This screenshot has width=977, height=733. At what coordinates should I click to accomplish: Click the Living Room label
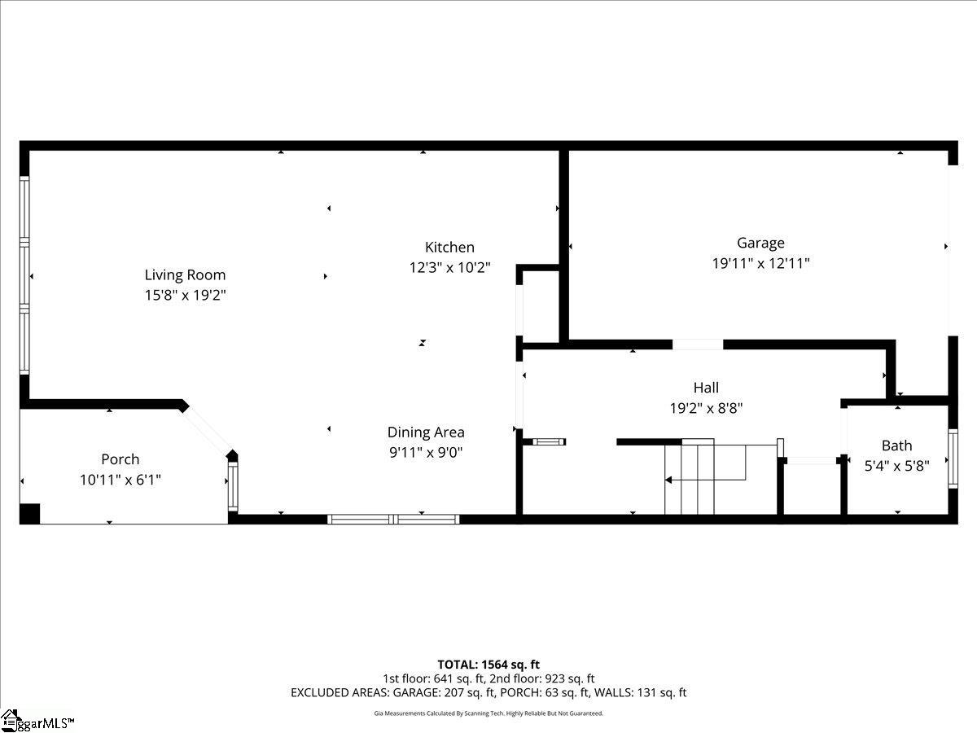click(x=185, y=275)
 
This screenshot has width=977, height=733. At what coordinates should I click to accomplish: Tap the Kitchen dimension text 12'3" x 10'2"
click(x=449, y=267)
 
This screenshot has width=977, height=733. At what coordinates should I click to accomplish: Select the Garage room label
click(x=760, y=243)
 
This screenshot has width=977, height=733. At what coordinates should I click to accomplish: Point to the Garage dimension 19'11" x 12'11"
click(x=760, y=263)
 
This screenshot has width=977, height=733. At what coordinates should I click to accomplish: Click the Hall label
click(x=706, y=388)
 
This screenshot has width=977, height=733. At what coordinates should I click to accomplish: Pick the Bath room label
click(x=896, y=446)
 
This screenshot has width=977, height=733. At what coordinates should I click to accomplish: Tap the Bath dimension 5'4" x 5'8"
click(x=896, y=466)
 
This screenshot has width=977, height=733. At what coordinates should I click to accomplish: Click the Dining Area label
click(x=426, y=432)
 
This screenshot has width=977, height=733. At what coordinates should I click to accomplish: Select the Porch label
click(x=120, y=459)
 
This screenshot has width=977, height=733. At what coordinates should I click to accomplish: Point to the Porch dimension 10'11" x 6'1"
click(x=120, y=480)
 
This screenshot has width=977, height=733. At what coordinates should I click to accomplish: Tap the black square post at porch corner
click(x=29, y=514)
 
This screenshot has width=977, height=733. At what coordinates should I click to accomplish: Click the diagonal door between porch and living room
click(x=207, y=428)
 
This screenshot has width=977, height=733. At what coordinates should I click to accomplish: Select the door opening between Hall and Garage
click(x=698, y=345)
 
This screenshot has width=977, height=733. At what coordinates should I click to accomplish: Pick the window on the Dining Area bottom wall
click(x=393, y=519)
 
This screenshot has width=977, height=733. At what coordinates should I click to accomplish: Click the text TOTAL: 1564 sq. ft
click(x=488, y=665)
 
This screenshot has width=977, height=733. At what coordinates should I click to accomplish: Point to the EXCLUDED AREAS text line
click(x=488, y=692)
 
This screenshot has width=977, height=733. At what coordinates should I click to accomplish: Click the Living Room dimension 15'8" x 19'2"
click(x=185, y=296)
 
